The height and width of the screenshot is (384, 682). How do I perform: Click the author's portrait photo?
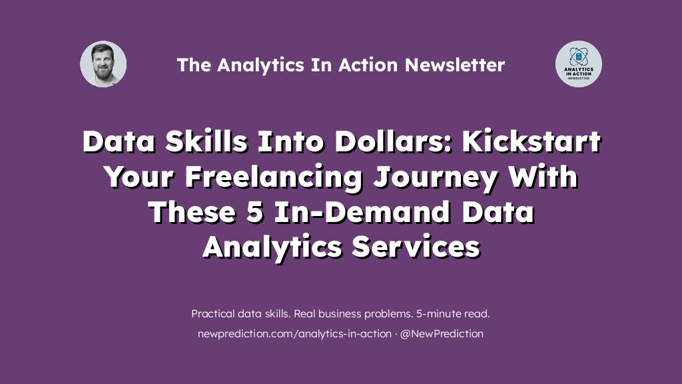pyautogui.click(x=103, y=64)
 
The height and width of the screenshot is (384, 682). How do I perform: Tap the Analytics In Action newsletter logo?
pyautogui.click(x=579, y=64)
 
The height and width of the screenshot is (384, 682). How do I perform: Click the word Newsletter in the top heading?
pyautogui.click(x=455, y=65)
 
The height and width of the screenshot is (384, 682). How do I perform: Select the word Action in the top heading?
pyautogui.click(x=368, y=65)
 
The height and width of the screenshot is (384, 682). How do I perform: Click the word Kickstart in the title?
pyautogui.click(x=531, y=141)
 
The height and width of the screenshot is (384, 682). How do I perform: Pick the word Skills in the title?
pyautogui.click(x=206, y=141)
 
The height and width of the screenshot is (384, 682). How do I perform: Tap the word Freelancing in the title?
pyautogui.click(x=274, y=177)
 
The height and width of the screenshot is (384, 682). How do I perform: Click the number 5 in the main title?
pyautogui.click(x=255, y=212)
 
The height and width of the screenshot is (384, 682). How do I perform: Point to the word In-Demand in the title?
pyautogui.click(x=362, y=212)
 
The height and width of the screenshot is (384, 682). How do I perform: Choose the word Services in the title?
pyautogui.click(x=416, y=247)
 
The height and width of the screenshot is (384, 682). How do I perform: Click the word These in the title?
pyautogui.click(x=192, y=212)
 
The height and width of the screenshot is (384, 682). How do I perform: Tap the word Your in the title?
pyautogui.click(x=140, y=177)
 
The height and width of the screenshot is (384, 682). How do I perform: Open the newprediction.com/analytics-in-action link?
pyautogui.click(x=294, y=334)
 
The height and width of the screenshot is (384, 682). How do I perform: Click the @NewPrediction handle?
pyautogui.click(x=442, y=334)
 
